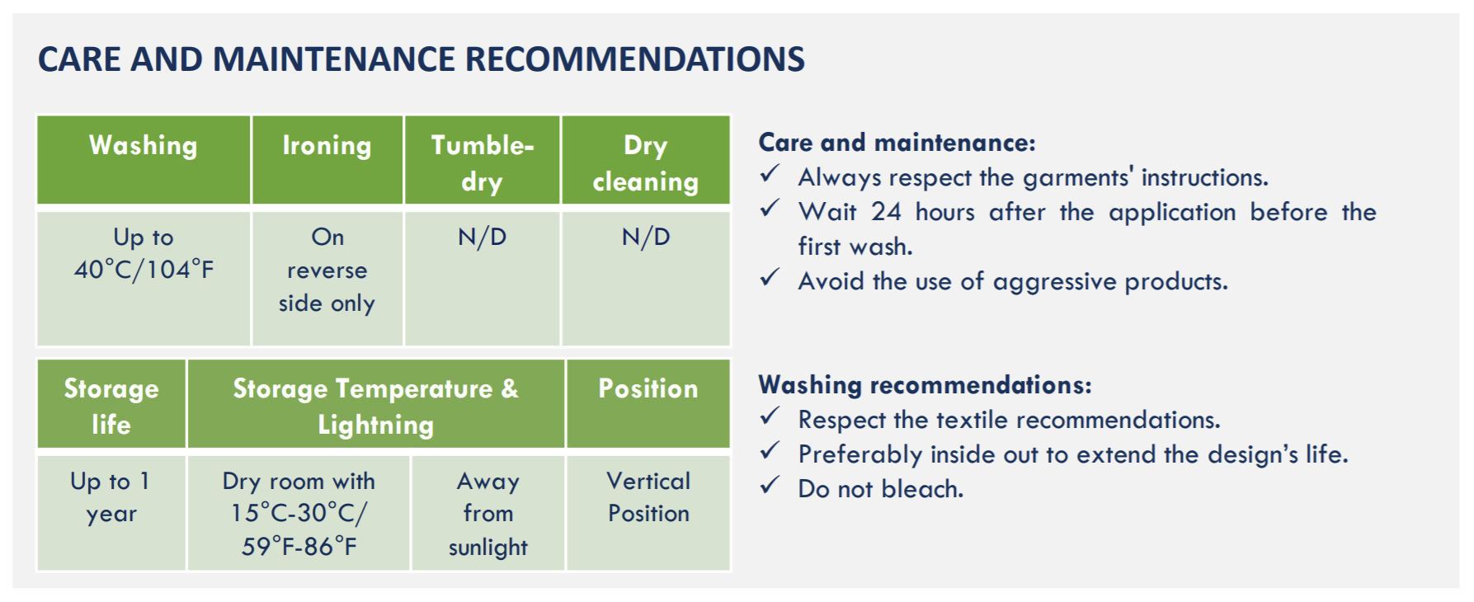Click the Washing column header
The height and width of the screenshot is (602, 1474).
click(x=144, y=159)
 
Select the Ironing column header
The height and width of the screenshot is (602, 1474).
click(x=327, y=159)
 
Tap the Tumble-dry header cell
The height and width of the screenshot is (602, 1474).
click(x=482, y=159)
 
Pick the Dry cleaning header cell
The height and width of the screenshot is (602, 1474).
click(x=646, y=159)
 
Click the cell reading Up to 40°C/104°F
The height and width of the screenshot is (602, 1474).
click(x=144, y=279)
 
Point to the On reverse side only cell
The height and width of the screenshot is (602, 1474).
click(x=327, y=279)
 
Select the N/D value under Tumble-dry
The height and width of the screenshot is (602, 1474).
click(x=482, y=238)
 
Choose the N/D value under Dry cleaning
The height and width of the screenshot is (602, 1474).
click(x=646, y=238)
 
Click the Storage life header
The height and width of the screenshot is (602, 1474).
click(x=111, y=404)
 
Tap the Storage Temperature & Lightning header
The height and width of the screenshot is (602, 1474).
click(x=376, y=404)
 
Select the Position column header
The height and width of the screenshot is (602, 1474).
click(x=648, y=404)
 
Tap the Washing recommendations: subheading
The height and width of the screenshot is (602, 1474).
click(x=925, y=385)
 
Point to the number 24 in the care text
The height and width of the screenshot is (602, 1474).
click(x=886, y=212)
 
